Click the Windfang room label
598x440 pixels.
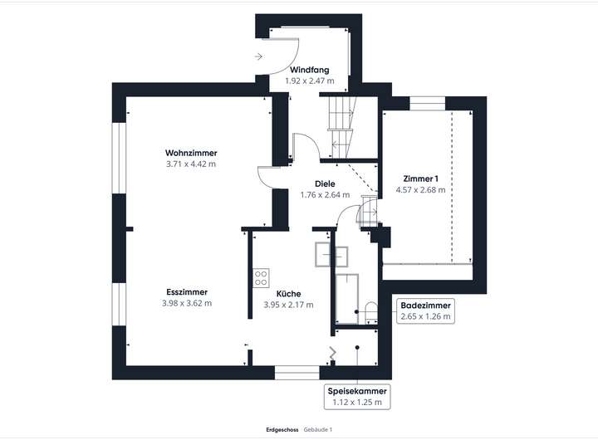pyautogui.click(x=309, y=70)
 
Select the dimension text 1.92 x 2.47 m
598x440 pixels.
pyautogui.click(x=309, y=81)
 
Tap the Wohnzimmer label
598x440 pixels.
pyautogui.click(x=191, y=153)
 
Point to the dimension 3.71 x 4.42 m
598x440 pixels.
pyautogui.click(x=191, y=164)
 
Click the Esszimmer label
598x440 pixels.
pyautogui.click(x=187, y=292)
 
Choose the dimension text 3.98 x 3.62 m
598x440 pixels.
pyautogui.click(x=187, y=304)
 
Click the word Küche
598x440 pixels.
pyautogui.click(x=288, y=294)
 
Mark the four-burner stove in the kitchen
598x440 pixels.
pyautogui.click(x=261, y=276)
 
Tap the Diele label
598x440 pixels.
pyautogui.click(x=324, y=183)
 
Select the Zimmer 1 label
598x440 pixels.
pyautogui.click(x=420, y=178)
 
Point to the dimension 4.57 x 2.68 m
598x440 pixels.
pyautogui.click(x=420, y=190)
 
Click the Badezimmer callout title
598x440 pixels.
pyautogui.click(x=425, y=304)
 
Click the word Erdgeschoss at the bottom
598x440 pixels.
pyautogui.click(x=277, y=429)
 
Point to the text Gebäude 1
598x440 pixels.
pyautogui.click(x=318, y=429)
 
